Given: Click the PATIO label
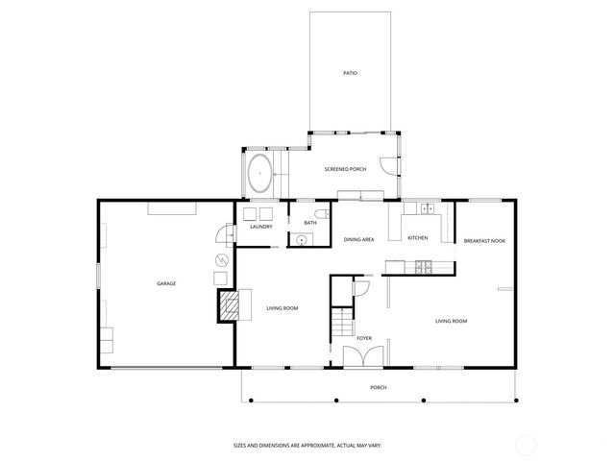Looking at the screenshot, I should click(x=351, y=73).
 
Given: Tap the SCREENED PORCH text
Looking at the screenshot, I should click(x=345, y=169).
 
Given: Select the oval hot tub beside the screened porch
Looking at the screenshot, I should click(x=260, y=174).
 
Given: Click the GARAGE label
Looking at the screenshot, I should click(x=166, y=283).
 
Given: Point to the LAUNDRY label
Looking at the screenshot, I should click(x=261, y=227).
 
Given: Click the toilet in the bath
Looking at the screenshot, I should click(x=322, y=213).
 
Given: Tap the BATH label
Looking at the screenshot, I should click(x=310, y=223).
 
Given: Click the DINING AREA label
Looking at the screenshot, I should click(x=358, y=238).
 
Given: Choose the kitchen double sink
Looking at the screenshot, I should click(x=427, y=208).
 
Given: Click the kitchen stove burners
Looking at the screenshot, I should click(x=421, y=266).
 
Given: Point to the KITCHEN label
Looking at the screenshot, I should click(x=418, y=237).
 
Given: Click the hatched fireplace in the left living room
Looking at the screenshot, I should click(x=229, y=306).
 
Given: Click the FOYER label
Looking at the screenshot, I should click(x=364, y=338).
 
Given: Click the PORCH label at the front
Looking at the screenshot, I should click(x=379, y=388).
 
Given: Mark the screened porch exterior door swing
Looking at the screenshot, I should click(x=387, y=165).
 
